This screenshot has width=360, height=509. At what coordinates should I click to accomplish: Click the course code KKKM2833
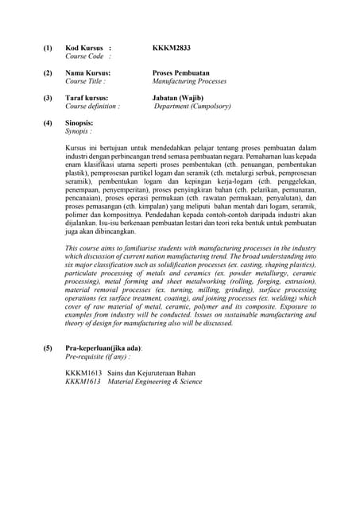(171, 48)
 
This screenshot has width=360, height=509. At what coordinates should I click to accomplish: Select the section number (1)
(47, 48)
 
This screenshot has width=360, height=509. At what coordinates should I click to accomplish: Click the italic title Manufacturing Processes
(189, 81)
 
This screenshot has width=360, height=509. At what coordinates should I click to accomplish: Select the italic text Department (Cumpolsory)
(192, 106)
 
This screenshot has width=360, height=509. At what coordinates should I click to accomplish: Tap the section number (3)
(47, 98)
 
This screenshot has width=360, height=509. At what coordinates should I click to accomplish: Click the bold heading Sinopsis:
(79, 122)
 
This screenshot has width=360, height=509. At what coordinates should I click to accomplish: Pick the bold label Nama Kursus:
(87, 72)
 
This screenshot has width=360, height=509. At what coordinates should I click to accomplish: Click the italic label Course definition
(92, 106)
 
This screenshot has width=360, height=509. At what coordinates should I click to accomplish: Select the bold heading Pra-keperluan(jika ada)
(103, 348)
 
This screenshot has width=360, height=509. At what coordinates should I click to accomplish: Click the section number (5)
(47, 348)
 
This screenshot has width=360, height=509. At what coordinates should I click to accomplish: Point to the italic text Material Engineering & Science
(154, 381)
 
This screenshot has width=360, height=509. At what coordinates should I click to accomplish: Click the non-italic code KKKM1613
(83, 372)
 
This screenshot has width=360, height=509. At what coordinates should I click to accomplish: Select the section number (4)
(47, 122)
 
